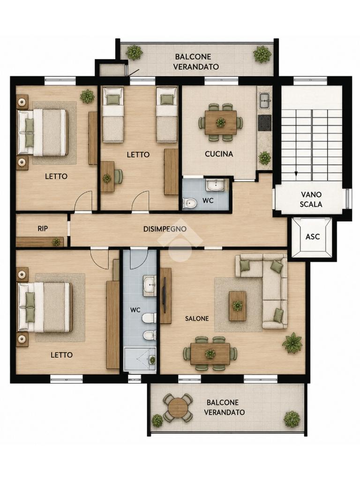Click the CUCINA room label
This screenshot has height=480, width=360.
click(219, 154)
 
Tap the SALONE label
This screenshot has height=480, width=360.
click(197, 319)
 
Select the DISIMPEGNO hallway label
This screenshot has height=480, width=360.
click(165, 229)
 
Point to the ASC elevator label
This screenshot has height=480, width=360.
click(313, 237)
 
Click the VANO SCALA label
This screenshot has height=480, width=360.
click(311, 199)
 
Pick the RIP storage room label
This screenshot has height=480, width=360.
click(43, 229)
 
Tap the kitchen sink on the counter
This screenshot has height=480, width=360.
click(265, 101)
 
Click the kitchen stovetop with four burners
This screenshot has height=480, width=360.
click(265, 123)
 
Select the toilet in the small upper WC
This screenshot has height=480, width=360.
click(190, 202)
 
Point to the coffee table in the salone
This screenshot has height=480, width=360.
click(238, 306)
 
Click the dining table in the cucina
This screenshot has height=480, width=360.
click(221, 122)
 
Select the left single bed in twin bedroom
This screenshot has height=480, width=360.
click(113, 115)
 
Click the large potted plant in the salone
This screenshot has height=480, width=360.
click(292, 343)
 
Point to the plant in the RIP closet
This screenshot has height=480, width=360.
click(56, 242)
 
